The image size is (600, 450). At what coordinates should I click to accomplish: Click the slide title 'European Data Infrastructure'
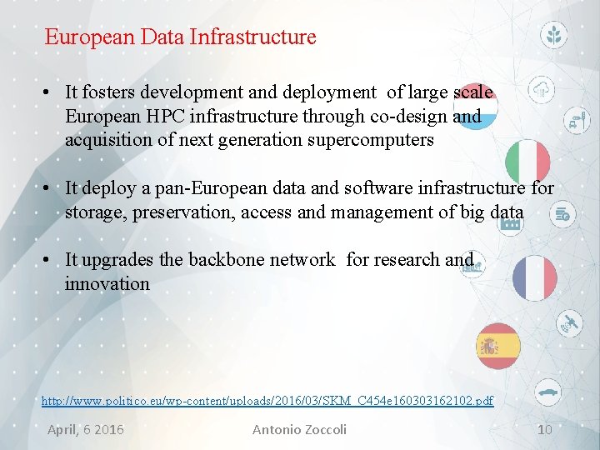(180, 37)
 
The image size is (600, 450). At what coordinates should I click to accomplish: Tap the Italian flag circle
(528, 162)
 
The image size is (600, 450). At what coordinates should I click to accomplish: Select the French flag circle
(534, 277)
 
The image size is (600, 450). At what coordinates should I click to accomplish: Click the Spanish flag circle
(498, 345)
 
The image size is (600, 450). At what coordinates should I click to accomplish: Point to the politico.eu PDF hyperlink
(267, 402)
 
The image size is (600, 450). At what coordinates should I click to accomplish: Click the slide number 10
(544, 430)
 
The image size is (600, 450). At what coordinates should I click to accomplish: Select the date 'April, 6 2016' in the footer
(86, 430)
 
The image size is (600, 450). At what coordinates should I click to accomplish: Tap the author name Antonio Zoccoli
(299, 430)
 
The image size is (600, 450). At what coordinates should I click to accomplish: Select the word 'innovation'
(107, 283)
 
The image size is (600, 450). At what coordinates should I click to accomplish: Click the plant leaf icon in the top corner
(554, 35)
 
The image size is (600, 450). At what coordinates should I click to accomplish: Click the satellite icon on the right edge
(571, 322)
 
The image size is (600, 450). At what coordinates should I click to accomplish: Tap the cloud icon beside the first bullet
(542, 90)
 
